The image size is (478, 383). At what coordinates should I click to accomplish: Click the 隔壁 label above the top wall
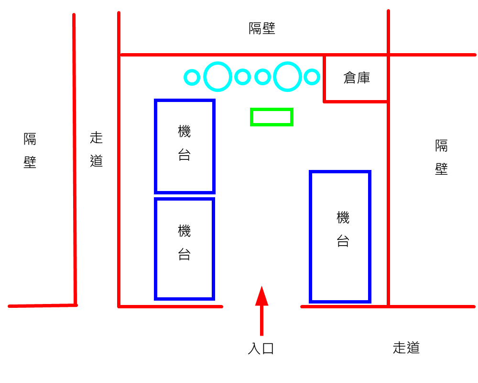[x=262, y=28]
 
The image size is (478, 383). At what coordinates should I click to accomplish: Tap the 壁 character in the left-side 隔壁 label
[x=30, y=162]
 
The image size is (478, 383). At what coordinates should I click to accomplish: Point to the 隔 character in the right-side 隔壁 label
[x=441, y=146]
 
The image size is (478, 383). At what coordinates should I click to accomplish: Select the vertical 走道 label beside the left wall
[x=97, y=149]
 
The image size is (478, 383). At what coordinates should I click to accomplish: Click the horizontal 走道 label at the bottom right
[x=406, y=348]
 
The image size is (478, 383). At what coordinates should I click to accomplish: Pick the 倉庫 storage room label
[x=357, y=78]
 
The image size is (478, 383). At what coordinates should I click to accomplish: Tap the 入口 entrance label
[x=261, y=349]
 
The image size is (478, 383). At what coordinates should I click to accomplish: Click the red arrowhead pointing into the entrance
[x=261, y=296]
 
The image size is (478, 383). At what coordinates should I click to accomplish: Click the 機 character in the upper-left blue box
[x=185, y=132]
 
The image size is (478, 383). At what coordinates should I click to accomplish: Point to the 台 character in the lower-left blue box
[x=185, y=254]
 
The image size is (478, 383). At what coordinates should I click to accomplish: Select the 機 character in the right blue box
[x=343, y=218]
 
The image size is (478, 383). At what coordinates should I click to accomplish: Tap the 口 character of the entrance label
[x=268, y=349]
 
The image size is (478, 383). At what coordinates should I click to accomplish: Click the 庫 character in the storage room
[x=364, y=78]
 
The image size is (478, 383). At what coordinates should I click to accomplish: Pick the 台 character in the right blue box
[x=343, y=241]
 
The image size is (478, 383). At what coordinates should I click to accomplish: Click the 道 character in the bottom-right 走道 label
[x=413, y=348]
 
